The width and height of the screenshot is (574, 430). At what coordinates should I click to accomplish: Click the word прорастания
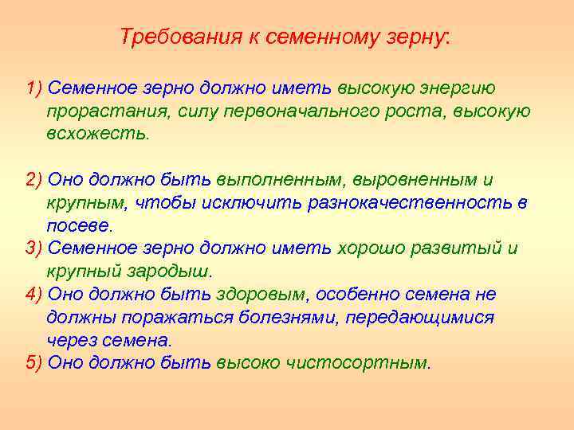(x=98, y=111)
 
